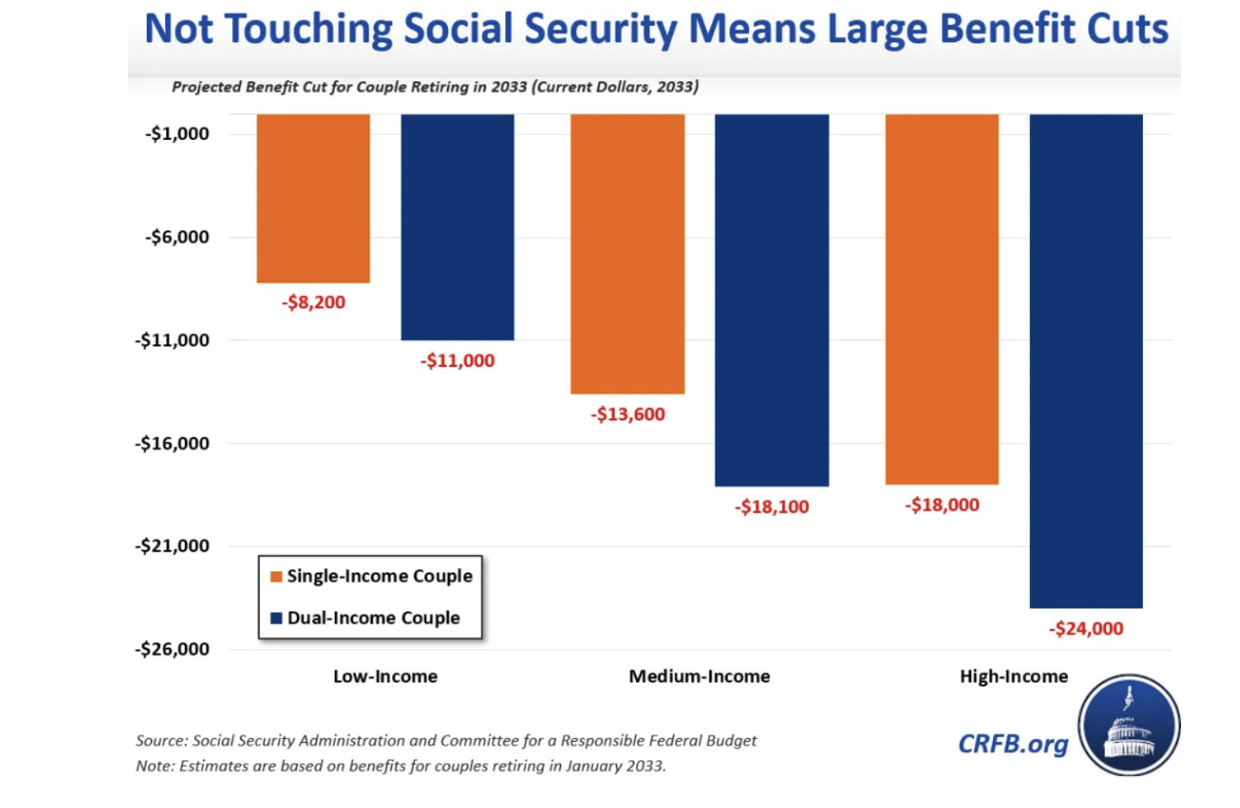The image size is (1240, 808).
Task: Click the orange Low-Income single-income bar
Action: pos(313,198)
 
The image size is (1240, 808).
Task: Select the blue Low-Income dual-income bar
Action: pos(457,227)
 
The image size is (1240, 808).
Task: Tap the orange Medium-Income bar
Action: pos(628,254)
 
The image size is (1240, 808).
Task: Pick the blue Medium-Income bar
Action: pos(772,300)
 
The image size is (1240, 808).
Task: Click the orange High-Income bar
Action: pos(942,299)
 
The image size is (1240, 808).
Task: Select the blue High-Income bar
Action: pos(1086,361)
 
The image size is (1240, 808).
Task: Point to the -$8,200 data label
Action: pos(313,302)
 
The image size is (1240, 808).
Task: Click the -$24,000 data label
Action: pos(1086,628)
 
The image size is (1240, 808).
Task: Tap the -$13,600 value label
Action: pos(628,414)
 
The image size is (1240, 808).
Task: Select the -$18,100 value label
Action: pos(772,507)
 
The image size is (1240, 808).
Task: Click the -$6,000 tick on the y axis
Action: pos(177,237)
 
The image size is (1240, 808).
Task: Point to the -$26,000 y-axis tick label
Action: pos(172,649)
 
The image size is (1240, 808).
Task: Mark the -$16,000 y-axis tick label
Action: pos(172,443)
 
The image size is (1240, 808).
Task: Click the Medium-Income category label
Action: pos(699,676)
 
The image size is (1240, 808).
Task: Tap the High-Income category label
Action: pos(1013,676)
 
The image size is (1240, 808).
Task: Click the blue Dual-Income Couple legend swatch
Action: pos(276,618)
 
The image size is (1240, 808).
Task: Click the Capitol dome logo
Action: pos(1129,725)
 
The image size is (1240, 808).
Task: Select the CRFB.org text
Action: pos(1013,744)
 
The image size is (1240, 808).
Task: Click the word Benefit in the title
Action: pos(1005,29)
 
